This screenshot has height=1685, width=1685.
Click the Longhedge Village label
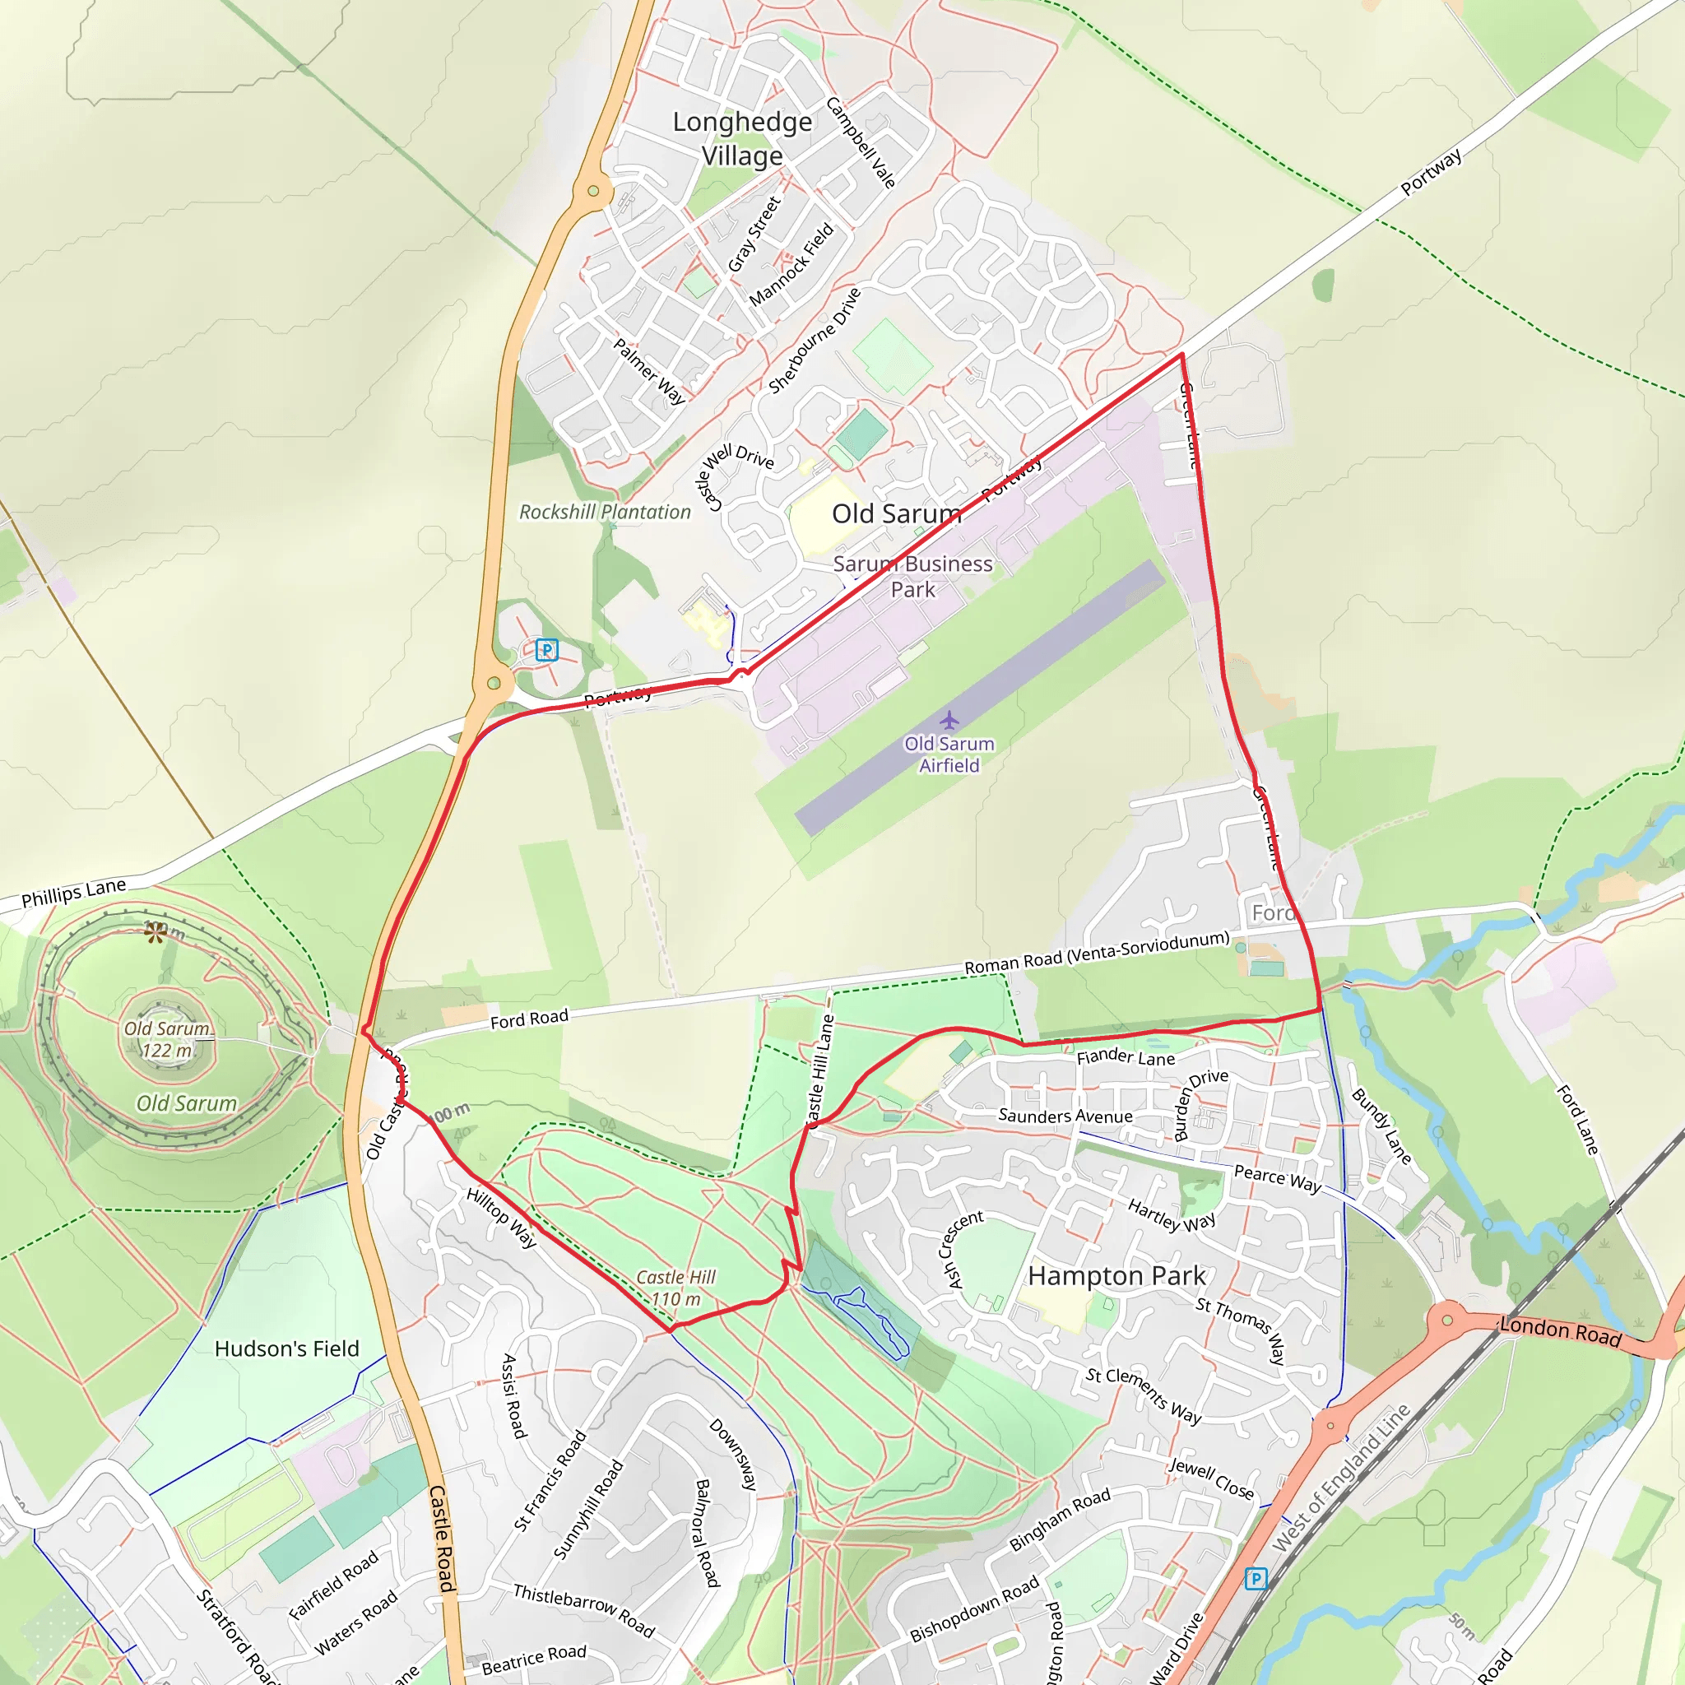[741, 139]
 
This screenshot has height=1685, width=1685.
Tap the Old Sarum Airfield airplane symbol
[949, 721]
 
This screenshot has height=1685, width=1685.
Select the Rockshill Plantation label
[605, 512]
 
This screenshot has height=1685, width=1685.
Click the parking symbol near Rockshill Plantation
[547, 650]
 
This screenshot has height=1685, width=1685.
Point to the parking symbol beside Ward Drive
[1255, 1578]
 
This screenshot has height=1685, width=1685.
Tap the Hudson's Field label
[287, 1348]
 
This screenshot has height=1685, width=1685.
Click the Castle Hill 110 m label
[676, 1288]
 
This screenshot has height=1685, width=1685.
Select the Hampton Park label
[1116, 1275]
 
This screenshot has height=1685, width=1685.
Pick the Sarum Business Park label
[912, 577]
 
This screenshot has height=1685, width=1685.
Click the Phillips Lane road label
[74, 892]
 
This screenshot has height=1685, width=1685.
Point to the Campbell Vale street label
[861, 142]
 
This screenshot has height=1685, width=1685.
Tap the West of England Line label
[1340, 1478]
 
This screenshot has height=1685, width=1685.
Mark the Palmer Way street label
[649, 372]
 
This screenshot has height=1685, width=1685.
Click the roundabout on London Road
[1448, 1320]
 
